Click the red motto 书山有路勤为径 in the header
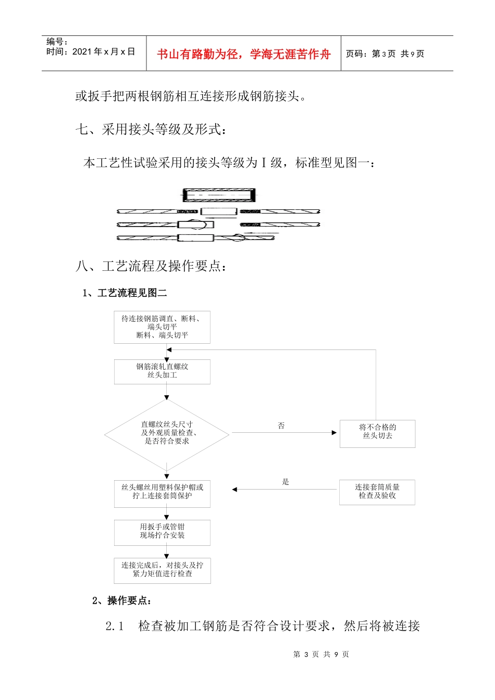coord(243,54)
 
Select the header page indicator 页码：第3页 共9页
coord(385,54)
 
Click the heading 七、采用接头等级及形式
coord(151,129)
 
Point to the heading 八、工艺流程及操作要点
coord(151,266)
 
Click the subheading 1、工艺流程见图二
coord(125,293)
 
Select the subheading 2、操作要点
coord(122,601)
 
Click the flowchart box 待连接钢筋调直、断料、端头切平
coord(162,327)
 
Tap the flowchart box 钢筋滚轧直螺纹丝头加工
coord(162,371)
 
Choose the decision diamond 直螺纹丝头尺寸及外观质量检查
coord(167,433)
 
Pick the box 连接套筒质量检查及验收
coord(377,492)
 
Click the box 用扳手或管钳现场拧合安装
coord(162,532)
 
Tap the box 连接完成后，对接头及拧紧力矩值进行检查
coord(162,570)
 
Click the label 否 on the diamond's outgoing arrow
coord(281,426)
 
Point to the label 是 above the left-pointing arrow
coord(286,482)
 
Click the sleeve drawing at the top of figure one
coord(219,195)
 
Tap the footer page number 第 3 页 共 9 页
coord(321,654)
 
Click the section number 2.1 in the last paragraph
coord(115,626)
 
